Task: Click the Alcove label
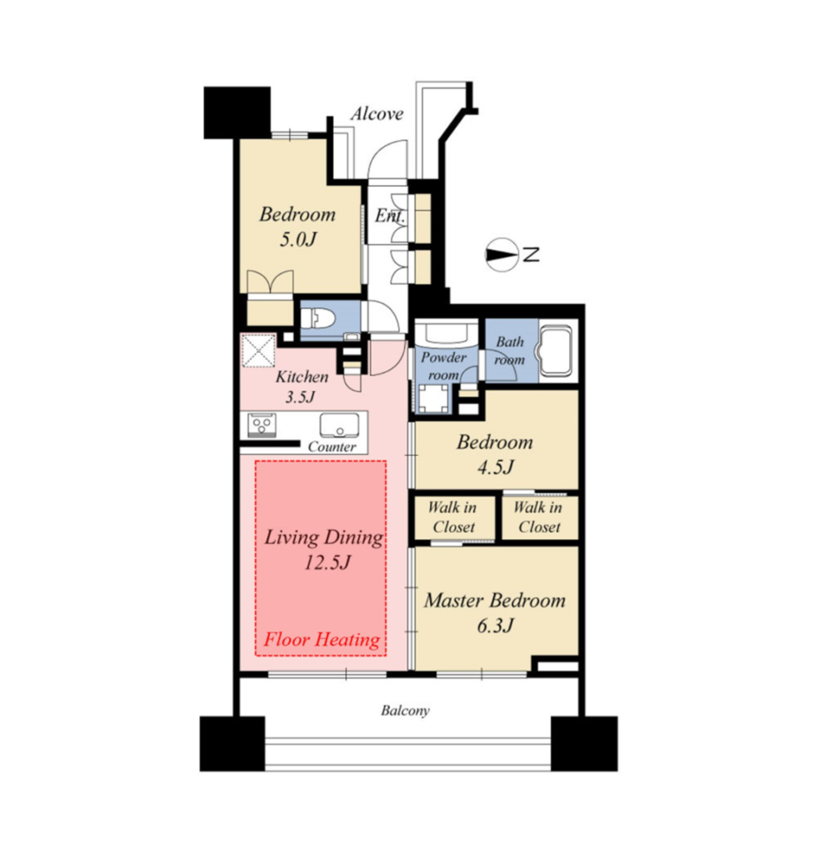[377, 113]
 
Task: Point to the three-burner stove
[262, 424]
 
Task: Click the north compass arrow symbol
[501, 255]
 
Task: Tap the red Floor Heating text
[322, 639]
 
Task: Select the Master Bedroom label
[495, 600]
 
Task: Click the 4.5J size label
[495, 466]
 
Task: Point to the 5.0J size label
[297, 239]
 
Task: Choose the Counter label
[332, 446]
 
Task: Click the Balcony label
[405, 711]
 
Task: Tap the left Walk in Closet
[454, 517]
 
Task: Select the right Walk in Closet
[539, 517]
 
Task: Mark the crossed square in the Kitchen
[258, 350]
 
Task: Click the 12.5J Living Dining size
[327, 562]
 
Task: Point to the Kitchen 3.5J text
[302, 387]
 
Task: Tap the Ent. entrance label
[390, 216]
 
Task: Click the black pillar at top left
[237, 112]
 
